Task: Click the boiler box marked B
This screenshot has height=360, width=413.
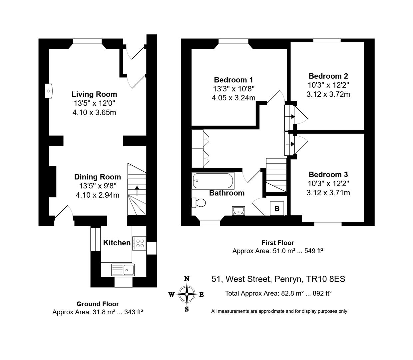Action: pos(277,208)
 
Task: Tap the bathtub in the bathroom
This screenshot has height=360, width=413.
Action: pos(213,181)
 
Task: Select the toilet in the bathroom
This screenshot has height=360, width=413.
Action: pos(199,203)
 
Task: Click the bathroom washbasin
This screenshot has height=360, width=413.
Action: pos(238,211)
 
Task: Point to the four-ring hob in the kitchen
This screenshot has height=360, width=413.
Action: pos(139,243)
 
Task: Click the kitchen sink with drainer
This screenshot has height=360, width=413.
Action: pos(123,270)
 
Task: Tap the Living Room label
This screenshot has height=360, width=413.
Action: pos(94,94)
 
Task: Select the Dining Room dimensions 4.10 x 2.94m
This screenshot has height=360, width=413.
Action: pos(98,195)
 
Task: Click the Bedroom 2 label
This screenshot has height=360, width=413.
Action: pos(328,76)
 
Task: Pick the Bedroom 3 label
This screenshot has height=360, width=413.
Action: pos(328,174)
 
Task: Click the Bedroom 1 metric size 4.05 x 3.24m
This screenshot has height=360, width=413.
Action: pos(233,98)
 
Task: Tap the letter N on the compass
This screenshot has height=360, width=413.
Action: pos(187,279)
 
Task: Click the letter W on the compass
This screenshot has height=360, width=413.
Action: pos(172,295)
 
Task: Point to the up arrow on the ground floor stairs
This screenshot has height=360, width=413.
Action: pos(137,191)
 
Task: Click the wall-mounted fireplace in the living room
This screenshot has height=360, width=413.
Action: pos(48,91)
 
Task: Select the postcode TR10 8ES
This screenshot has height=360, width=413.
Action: pos(325,279)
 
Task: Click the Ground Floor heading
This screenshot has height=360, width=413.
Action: pos(98,304)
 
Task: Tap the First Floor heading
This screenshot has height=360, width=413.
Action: pos(278,243)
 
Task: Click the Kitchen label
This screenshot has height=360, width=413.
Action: pos(117,243)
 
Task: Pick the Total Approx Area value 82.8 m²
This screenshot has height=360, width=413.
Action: pos(292,293)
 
